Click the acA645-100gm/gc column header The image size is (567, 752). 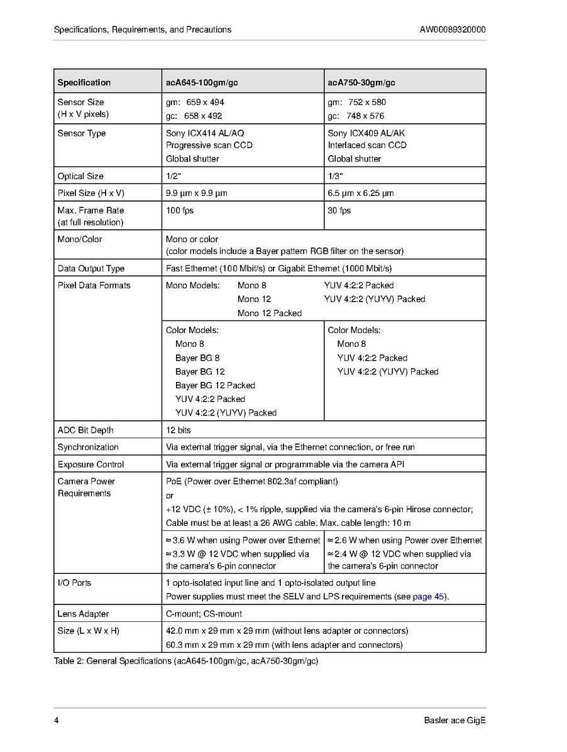pyautogui.click(x=202, y=82)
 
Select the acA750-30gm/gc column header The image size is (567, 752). pyautogui.click(x=361, y=82)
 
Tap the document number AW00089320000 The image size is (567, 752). pyautogui.click(x=452, y=30)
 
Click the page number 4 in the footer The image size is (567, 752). pyautogui.click(x=57, y=721)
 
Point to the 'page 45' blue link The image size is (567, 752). pyautogui.click(x=430, y=596)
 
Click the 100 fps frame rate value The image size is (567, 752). pyautogui.click(x=180, y=210)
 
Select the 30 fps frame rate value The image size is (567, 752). pyautogui.click(x=339, y=210)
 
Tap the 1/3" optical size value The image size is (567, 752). pyautogui.click(x=335, y=176)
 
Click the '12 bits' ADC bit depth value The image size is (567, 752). pyautogui.click(x=179, y=430)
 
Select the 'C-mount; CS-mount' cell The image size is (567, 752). pyautogui.click(x=204, y=614)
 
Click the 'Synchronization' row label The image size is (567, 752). pyautogui.click(x=88, y=447)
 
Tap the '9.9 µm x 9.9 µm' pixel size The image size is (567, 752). pyautogui.click(x=197, y=193)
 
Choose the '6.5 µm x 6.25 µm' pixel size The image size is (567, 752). pyautogui.click(x=361, y=193)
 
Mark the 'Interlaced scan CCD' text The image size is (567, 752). pyautogui.click(x=367, y=145)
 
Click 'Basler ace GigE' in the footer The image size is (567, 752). pyautogui.click(x=454, y=721)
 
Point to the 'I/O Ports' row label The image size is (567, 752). pyautogui.click(x=74, y=583)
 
